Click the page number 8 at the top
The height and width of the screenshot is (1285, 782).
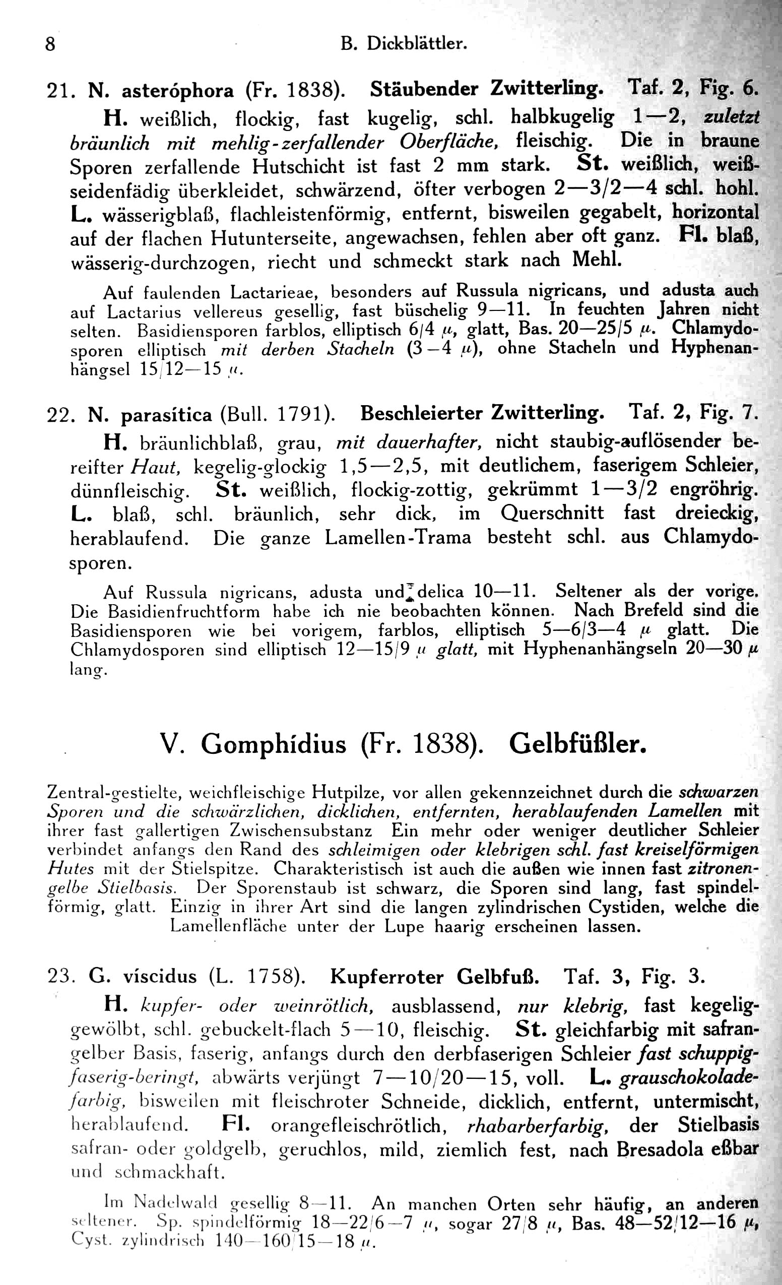click(x=50, y=44)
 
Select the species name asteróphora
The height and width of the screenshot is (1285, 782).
click(x=178, y=91)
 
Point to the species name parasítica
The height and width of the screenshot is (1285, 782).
click(x=166, y=415)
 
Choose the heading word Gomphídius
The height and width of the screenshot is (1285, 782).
click(x=274, y=745)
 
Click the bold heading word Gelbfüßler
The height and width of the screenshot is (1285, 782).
click(x=577, y=744)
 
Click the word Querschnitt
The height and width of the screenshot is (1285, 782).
click(x=553, y=513)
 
